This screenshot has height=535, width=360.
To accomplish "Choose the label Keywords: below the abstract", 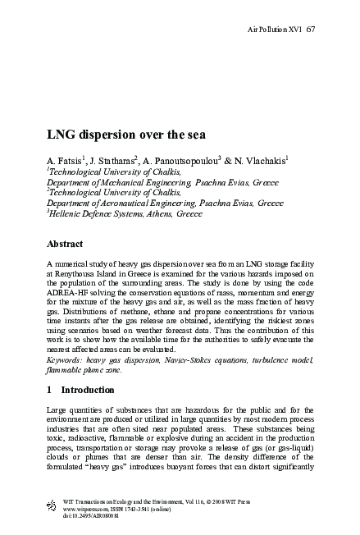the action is [67, 358].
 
